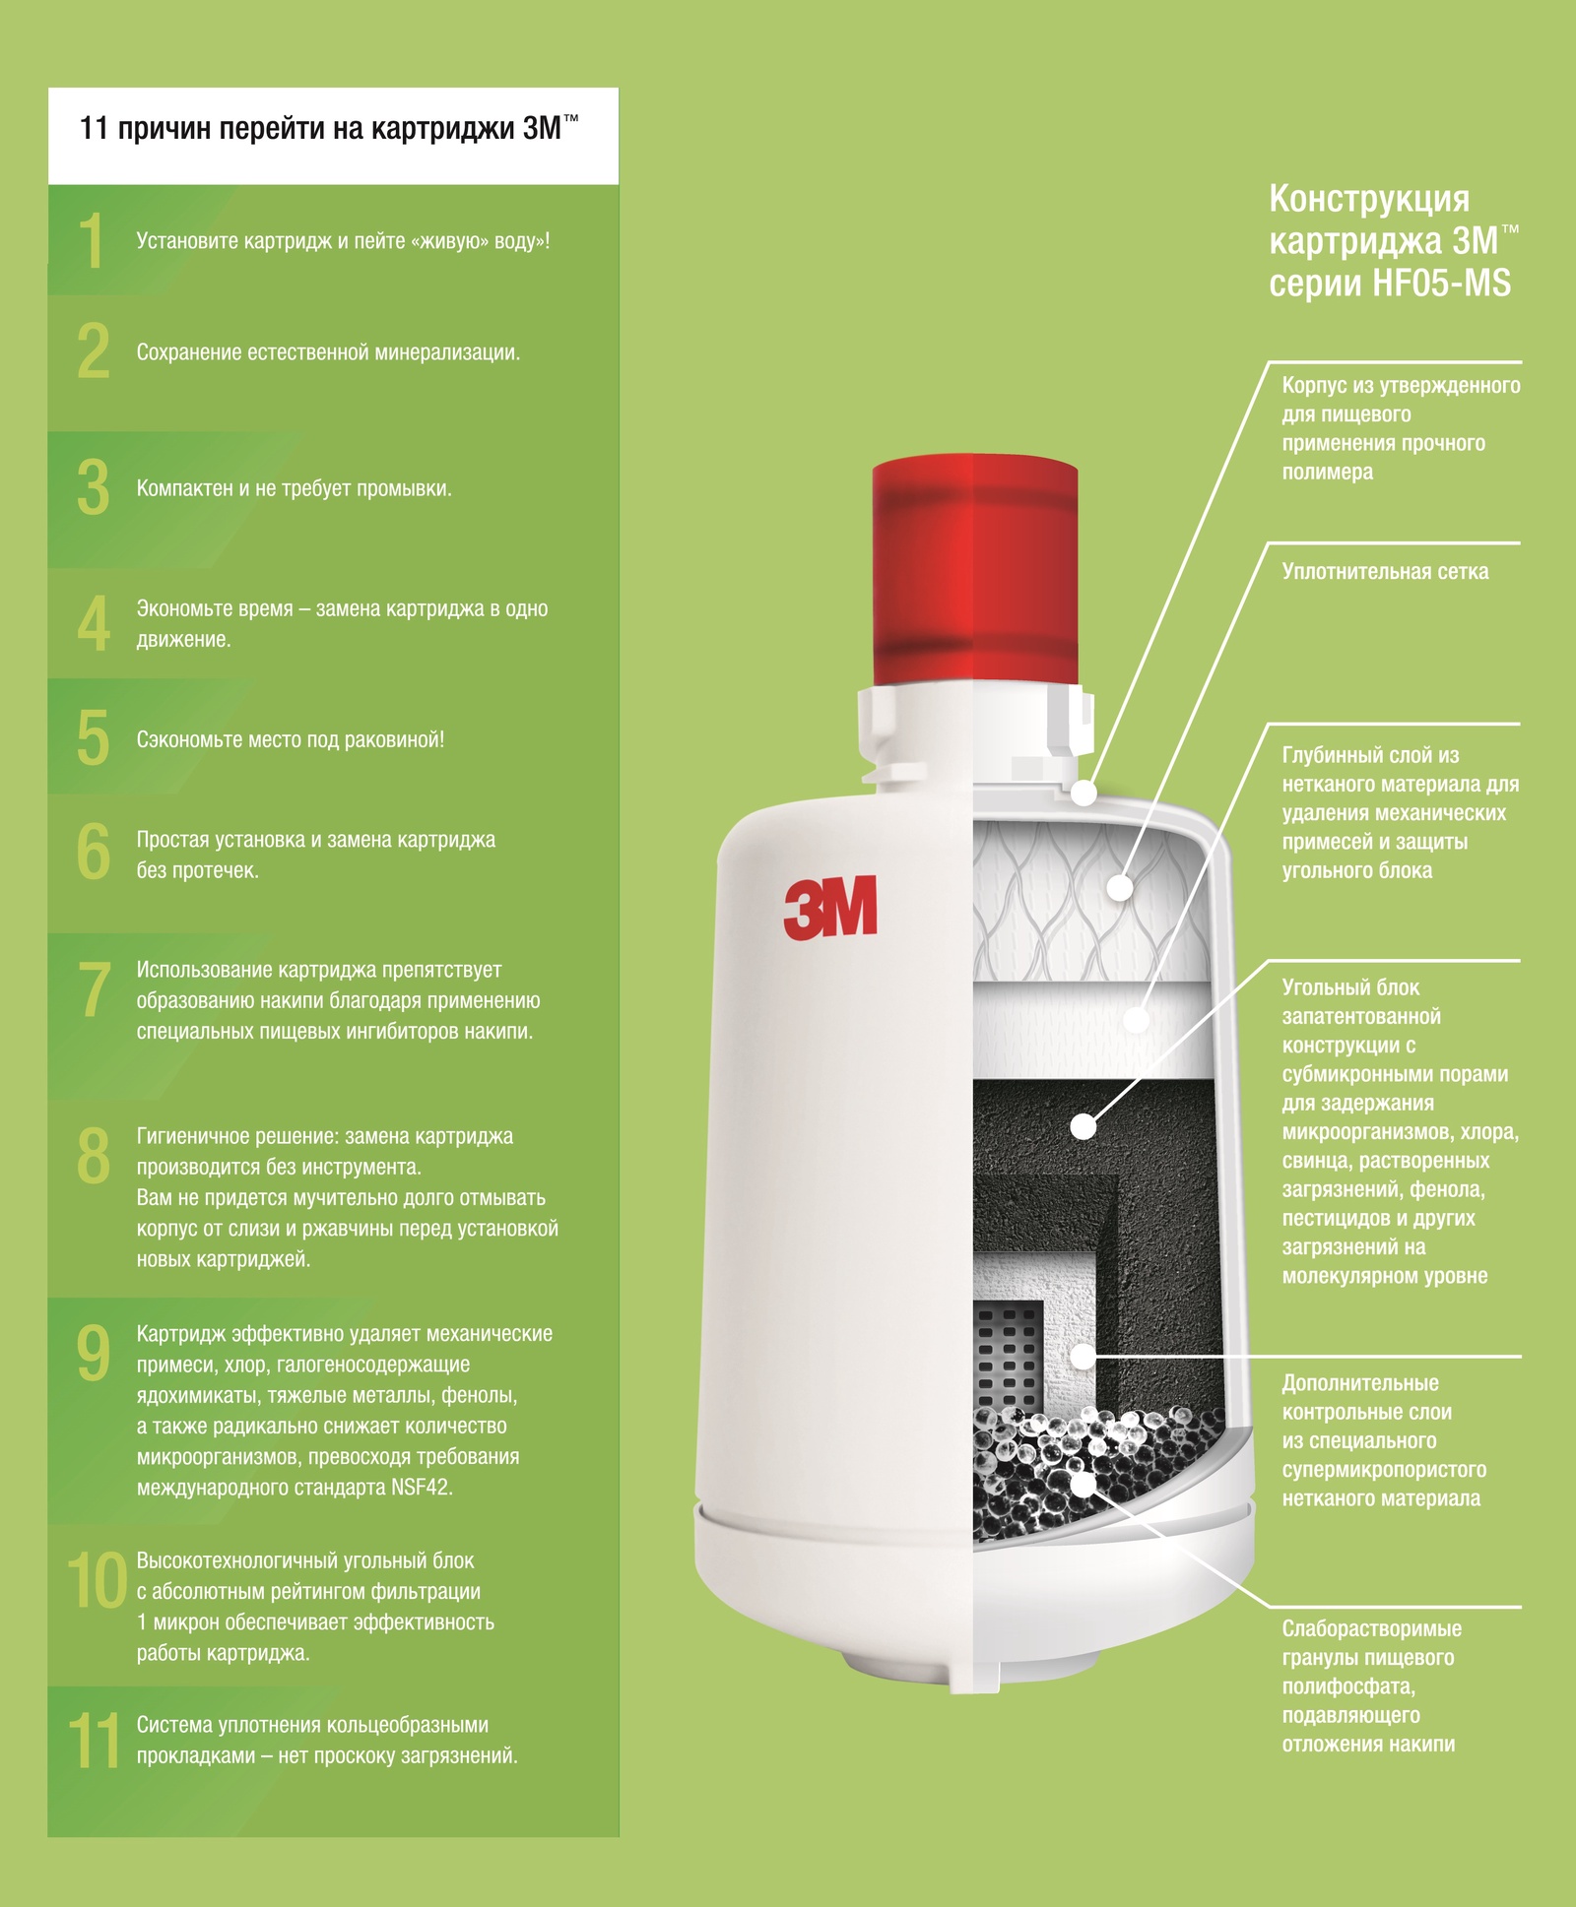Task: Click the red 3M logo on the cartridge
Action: coord(830,907)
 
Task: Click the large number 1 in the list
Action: coord(92,240)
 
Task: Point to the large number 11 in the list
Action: coord(94,1741)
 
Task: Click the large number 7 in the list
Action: coord(95,989)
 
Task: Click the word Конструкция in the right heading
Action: coord(1369,199)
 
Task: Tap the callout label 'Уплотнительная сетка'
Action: coord(1385,572)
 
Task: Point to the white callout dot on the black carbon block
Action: coord(1083,1126)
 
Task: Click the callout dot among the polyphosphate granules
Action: coord(1083,1484)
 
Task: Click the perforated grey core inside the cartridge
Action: coord(1007,1354)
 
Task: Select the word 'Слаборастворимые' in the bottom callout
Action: coord(1371,1628)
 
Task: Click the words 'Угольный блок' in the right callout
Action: coord(1350,987)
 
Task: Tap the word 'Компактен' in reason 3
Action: coord(184,488)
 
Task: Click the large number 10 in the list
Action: coord(97,1581)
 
